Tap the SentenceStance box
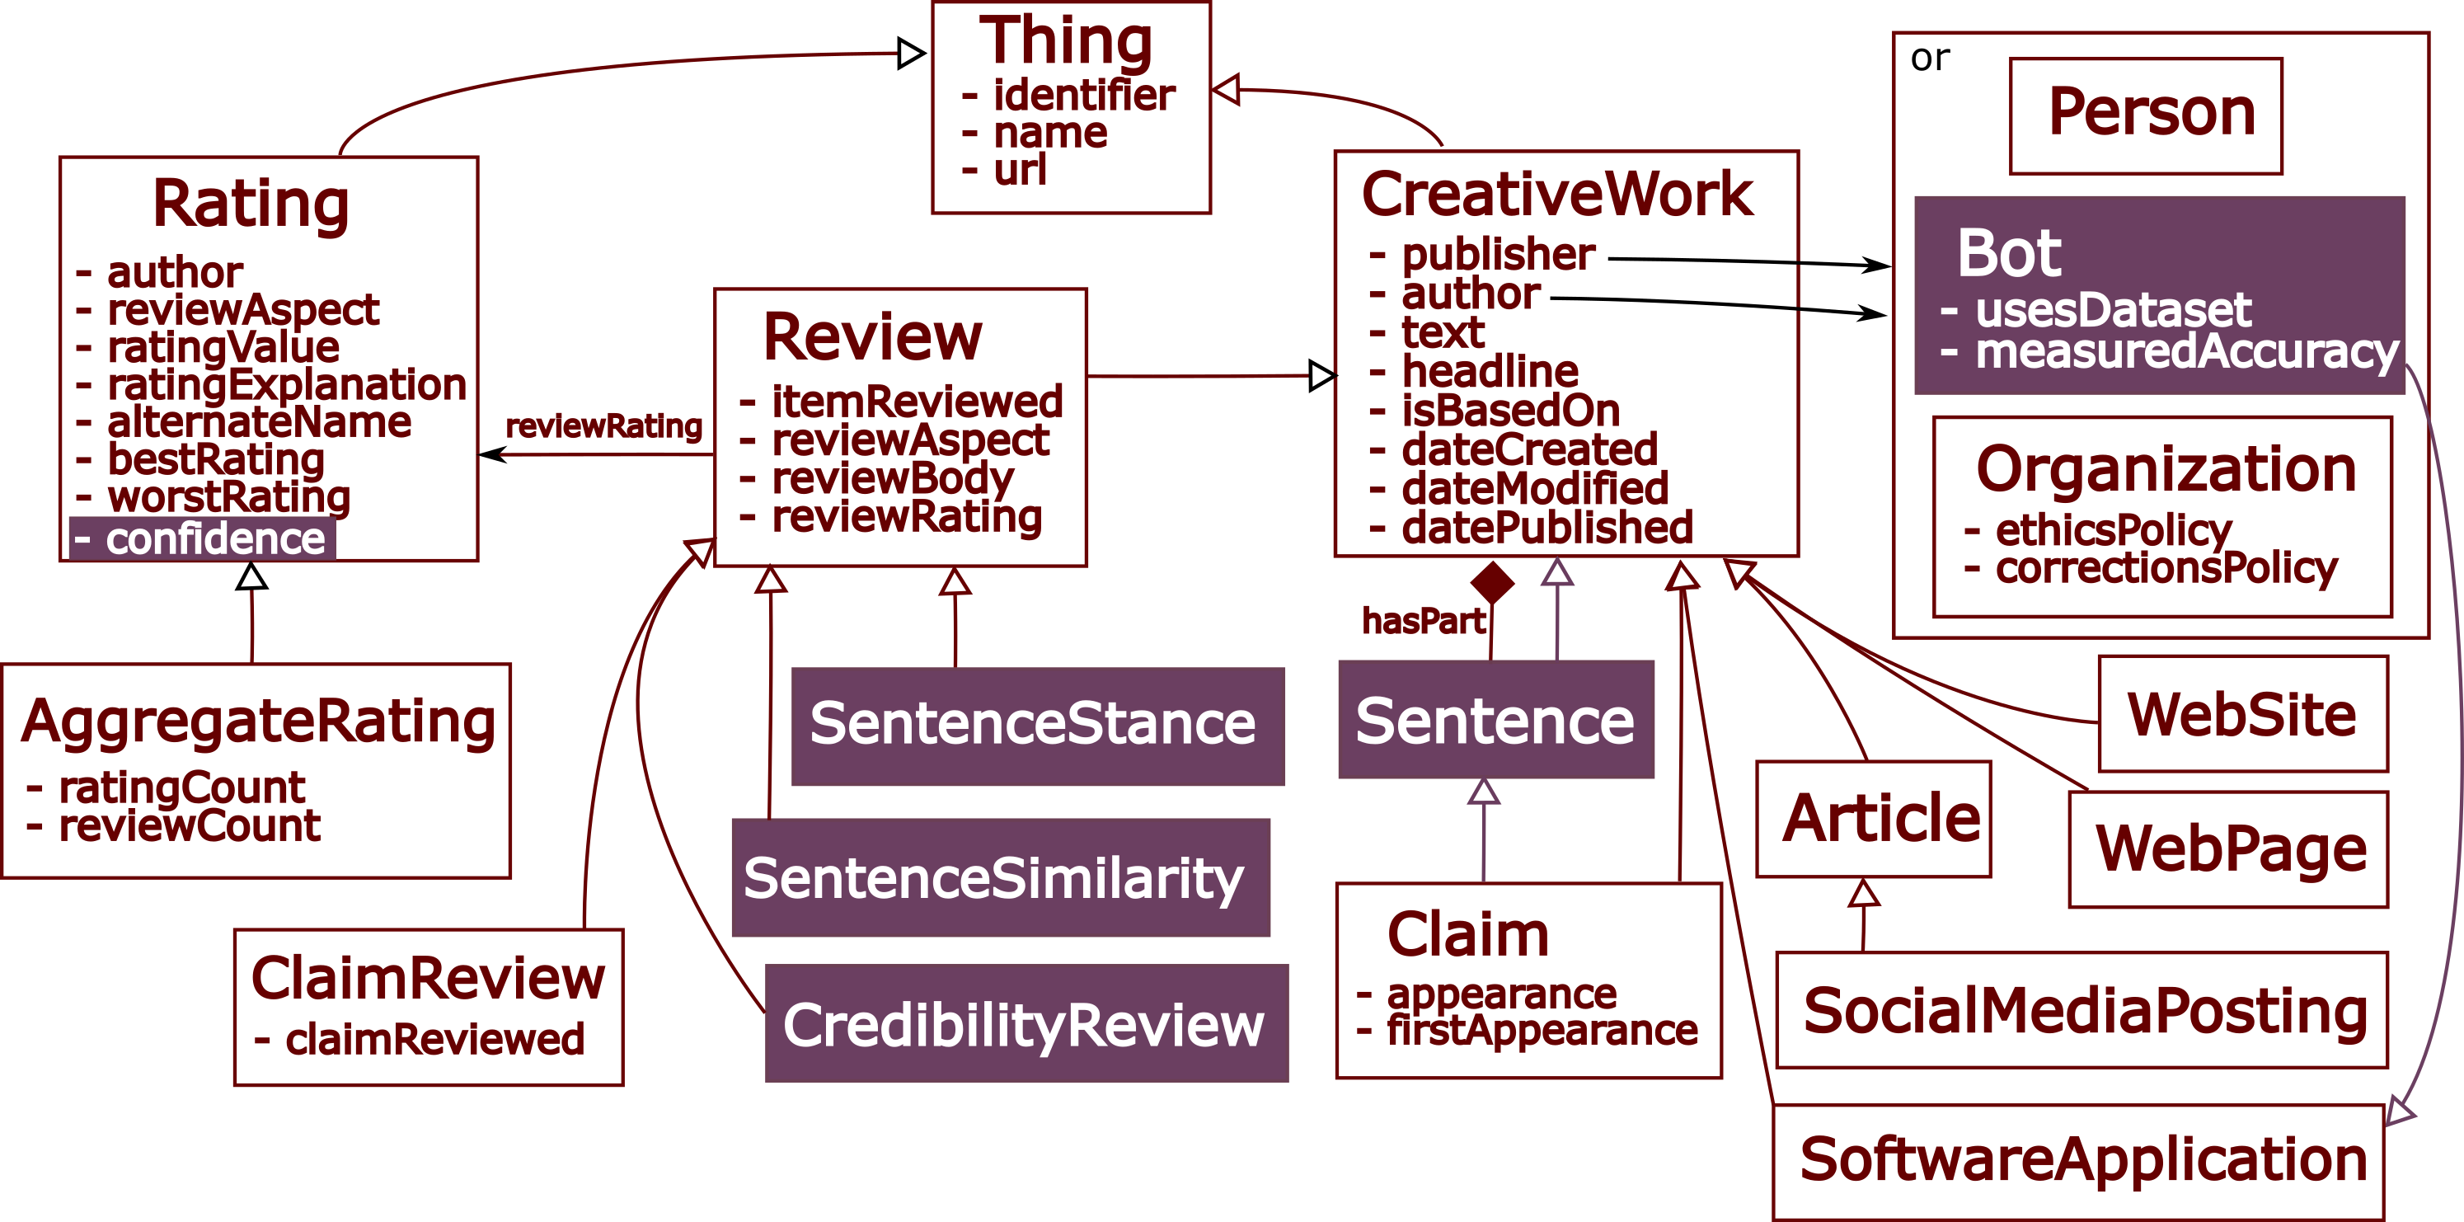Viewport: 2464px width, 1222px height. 1037,726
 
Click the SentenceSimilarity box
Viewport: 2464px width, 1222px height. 1000,877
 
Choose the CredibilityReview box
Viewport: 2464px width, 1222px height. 1025,1024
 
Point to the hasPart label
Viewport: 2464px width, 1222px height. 1424,622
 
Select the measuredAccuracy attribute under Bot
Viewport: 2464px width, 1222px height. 2185,351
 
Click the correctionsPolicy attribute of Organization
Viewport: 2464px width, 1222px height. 2166,568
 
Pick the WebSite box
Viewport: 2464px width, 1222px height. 2241,714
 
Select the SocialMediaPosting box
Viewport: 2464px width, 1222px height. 2083,1011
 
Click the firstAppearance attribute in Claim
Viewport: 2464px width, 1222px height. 1541,1031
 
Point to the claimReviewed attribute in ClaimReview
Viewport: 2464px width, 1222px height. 434,1039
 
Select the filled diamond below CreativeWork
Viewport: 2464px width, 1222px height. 1492,582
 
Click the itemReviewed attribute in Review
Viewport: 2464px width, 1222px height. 917,401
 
